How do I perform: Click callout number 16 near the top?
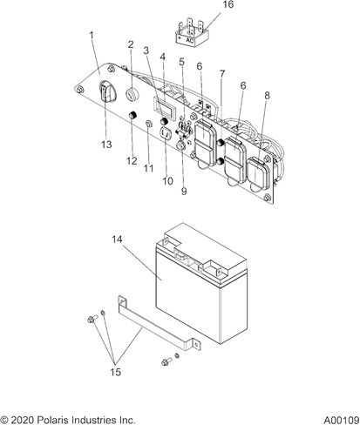point(228,5)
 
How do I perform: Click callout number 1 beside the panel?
point(92,36)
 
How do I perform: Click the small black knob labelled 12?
point(133,116)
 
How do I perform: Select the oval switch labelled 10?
point(166,133)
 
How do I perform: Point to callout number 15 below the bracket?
point(115,372)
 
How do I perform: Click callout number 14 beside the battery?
point(117,239)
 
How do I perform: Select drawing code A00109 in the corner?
point(342,420)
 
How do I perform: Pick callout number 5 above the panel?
point(181,62)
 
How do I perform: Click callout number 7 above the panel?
point(222,74)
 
